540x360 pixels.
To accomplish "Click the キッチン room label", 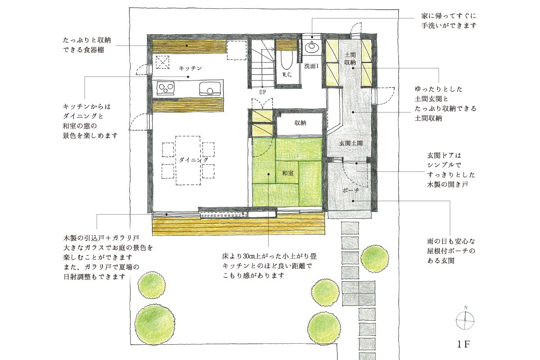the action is [190, 68].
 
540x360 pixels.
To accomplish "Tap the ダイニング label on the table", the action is [193, 160].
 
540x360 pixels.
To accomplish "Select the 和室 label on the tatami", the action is [288, 173].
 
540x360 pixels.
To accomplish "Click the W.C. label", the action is [287, 75].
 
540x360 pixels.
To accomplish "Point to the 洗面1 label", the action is [311, 66].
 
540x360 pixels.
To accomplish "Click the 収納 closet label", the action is [300, 123].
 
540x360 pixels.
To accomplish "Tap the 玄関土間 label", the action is [351, 143].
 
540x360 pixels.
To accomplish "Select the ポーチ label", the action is [351, 190].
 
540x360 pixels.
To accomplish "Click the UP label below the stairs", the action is [262, 92].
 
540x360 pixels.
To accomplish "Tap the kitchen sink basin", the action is [210, 89].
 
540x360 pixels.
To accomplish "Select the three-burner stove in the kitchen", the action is [166, 88].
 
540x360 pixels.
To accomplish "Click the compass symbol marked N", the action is [465, 320].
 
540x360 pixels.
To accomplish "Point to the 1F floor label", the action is [463, 344].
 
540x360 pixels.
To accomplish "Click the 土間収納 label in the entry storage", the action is [350, 58].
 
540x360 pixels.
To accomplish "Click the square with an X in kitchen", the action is [162, 62].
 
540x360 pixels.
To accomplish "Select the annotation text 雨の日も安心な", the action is [451, 241].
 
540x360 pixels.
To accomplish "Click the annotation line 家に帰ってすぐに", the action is [449, 16].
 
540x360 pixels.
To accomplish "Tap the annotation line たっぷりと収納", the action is [87, 40].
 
